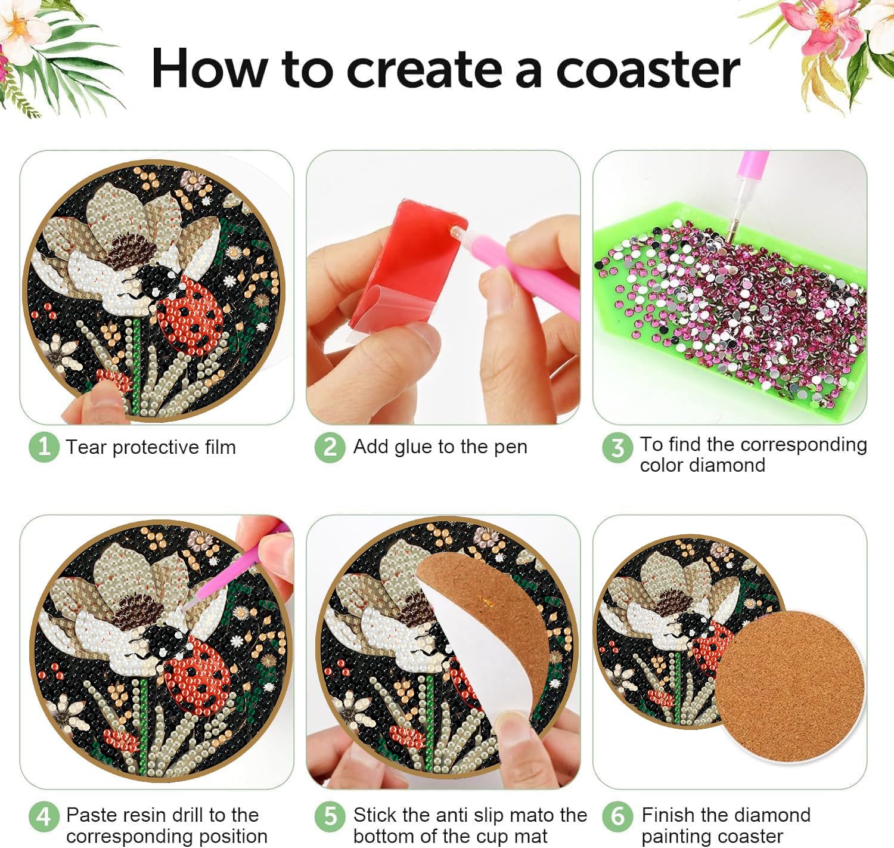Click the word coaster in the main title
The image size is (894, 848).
[648, 70]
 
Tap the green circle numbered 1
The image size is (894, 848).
[44, 447]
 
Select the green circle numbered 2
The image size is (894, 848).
[330, 447]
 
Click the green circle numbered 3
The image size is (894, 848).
[617, 448]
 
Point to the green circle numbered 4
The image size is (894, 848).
[44, 816]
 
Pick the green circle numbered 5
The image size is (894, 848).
[330, 816]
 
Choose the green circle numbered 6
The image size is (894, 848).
[617, 816]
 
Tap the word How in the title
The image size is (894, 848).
[210, 69]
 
